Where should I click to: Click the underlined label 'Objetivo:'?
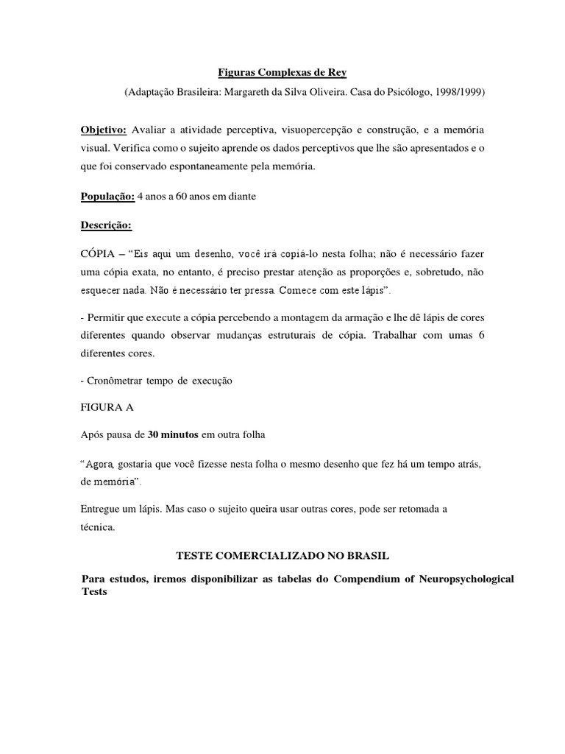[104, 130]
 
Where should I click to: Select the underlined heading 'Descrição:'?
[105, 224]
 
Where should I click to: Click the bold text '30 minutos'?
[172, 434]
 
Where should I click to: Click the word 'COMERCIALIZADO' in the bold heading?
[272, 554]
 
